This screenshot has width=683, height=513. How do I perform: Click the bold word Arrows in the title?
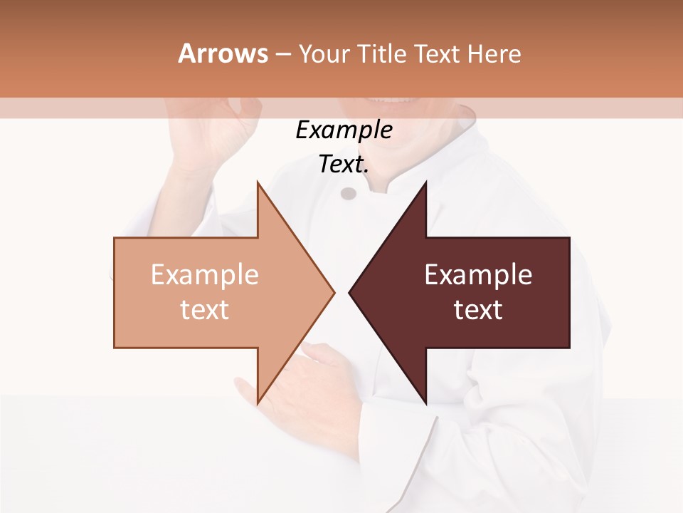pyautogui.click(x=223, y=53)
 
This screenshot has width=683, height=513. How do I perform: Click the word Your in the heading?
pyautogui.click(x=324, y=54)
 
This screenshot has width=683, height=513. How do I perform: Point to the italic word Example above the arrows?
pyautogui.click(x=344, y=130)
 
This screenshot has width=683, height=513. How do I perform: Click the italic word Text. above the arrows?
pyautogui.click(x=344, y=165)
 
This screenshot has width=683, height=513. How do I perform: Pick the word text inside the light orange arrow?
pyautogui.click(x=205, y=310)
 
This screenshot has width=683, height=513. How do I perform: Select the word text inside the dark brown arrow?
pyautogui.click(x=478, y=310)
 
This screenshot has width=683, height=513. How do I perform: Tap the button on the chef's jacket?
pyautogui.click(x=348, y=193)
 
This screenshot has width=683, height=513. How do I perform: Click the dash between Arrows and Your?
pyautogui.click(x=282, y=54)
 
